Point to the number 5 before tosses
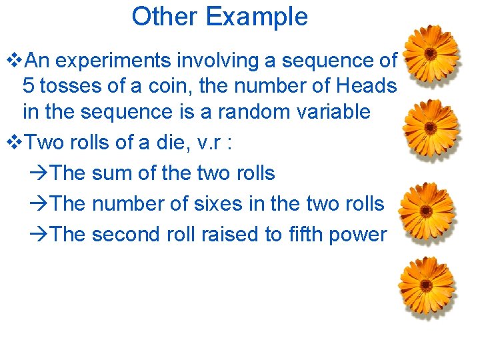tap(28, 86)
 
